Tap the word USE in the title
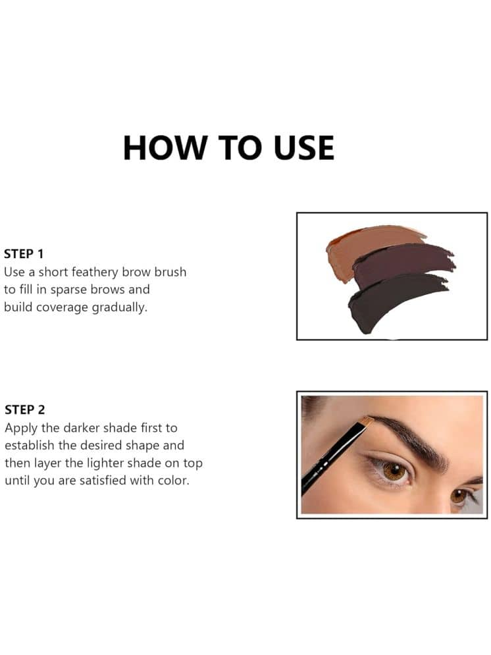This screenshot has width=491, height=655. coord(304,148)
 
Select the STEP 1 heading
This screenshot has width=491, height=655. coord(24,253)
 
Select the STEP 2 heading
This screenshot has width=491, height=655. coord(24,409)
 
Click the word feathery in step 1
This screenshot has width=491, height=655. coord(95,273)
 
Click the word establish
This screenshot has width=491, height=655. coord(30,445)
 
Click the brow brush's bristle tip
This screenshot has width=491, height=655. coord(366,421)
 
